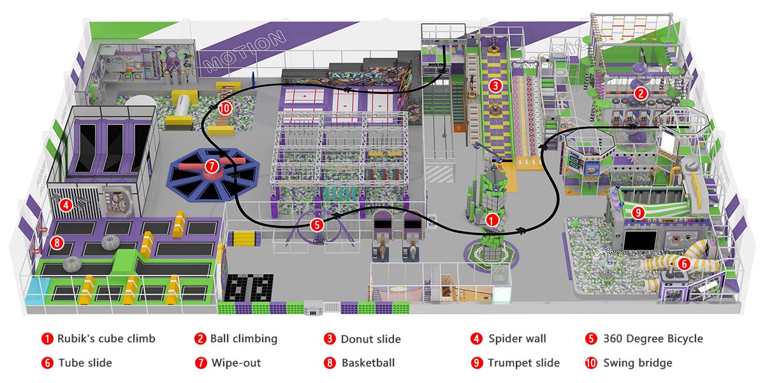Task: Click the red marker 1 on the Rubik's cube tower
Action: [492, 219]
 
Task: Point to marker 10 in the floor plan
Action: [224, 108]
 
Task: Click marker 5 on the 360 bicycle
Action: [317, 224]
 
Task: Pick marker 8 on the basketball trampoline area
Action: [57, 243]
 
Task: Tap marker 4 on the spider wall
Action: [65, 206]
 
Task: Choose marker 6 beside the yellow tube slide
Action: [683, 262]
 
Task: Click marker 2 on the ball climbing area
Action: [641, 93]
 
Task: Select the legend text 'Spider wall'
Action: [517, 338]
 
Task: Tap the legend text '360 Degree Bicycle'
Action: [652, 338]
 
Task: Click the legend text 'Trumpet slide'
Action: [523, 363]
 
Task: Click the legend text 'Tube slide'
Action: [85, 363]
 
